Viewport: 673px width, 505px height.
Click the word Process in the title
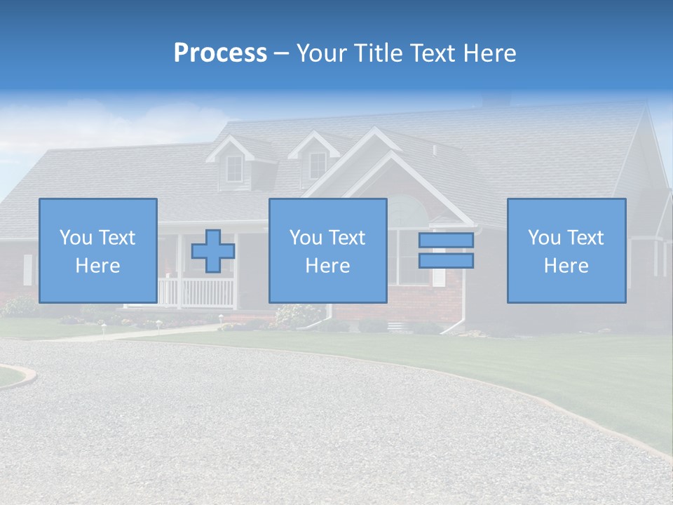[x=220, y=53]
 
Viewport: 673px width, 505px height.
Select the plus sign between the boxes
[x=213, y=251]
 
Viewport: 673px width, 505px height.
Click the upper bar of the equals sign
[x=446, y=241]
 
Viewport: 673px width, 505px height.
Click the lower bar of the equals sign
[x=446, y=261]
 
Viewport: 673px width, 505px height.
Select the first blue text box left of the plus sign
[x=98, y=251]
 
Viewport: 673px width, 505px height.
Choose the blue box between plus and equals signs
[x=328, y=251]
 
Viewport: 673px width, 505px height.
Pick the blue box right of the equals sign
[x=566, y=251]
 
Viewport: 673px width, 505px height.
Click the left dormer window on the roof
[x=234, y=168]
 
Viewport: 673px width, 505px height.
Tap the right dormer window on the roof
[x=318, y=165]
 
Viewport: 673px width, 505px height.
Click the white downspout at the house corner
[x=463, y=295]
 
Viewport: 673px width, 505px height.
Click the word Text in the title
[x=432, y=53]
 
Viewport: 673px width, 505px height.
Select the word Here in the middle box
[x=328, y=266]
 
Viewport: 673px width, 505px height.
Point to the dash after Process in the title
[x=282, y=54]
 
